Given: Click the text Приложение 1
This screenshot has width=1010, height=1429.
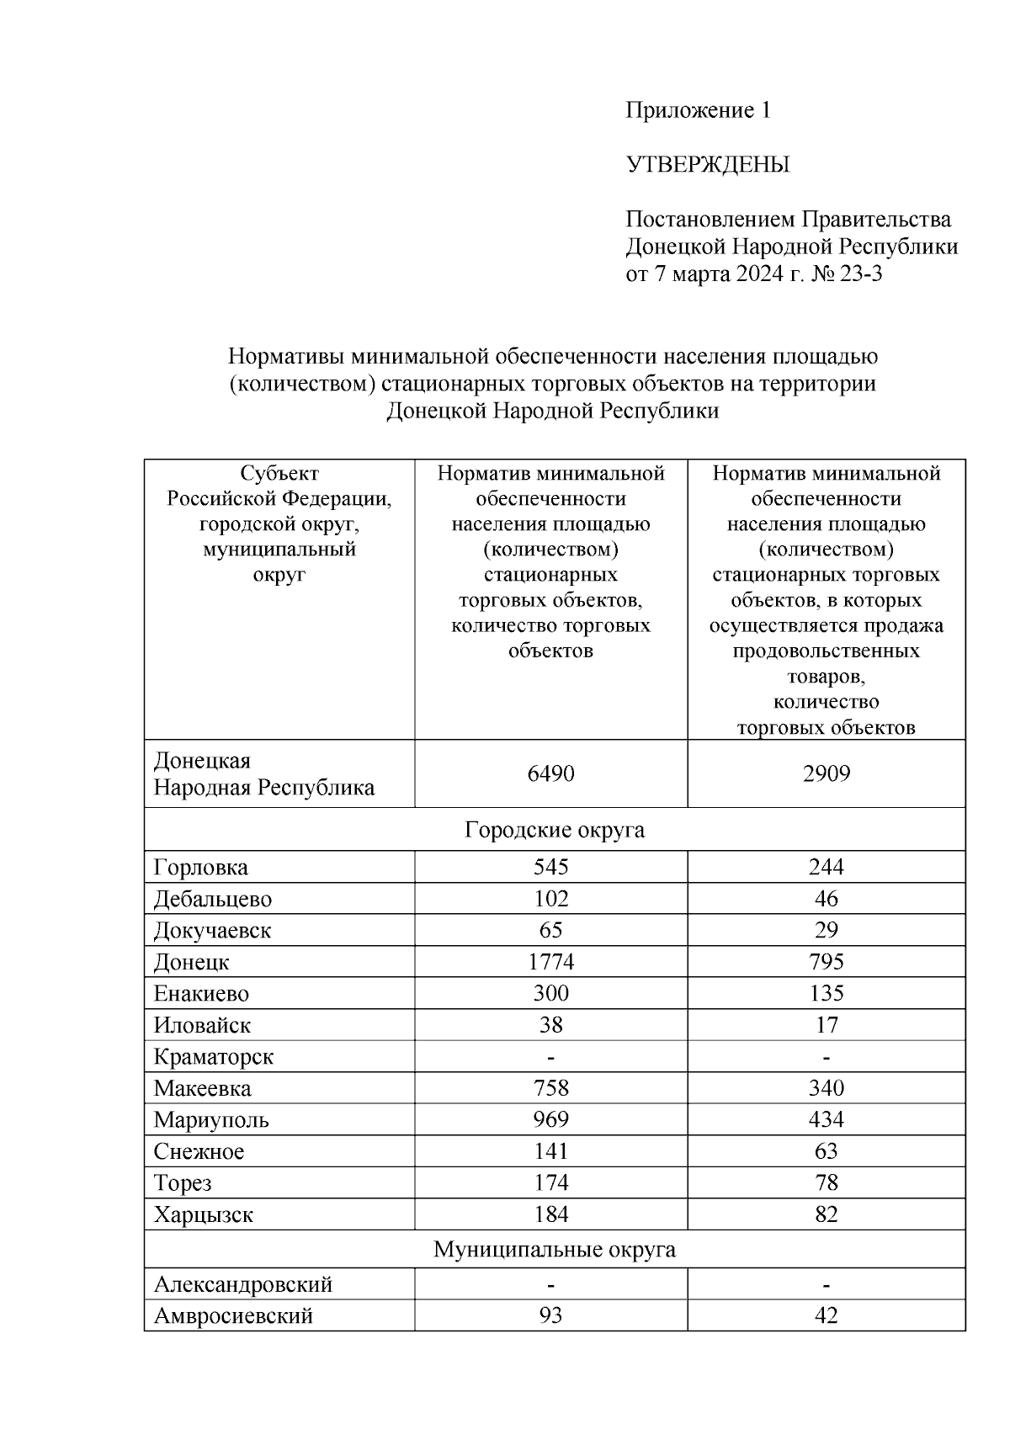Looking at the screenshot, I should pyautogui.click(x=697, y=110).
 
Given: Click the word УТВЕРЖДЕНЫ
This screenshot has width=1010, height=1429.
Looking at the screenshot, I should pyautogui.click(x=707, y=165).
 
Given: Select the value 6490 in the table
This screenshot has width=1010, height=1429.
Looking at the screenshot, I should pyautogui.click(x=550, y=773).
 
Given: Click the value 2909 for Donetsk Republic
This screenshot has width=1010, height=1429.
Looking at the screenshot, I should pyautogui.click(x=826, y=773).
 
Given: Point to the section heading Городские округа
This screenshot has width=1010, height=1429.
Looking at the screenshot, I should pyautogui.click(x=555, y=830).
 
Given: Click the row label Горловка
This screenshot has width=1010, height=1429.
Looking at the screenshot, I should pyautogui.click(x=200, y=868).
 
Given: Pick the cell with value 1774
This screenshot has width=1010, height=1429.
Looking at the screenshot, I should pyautogui.click(x=550, y=962).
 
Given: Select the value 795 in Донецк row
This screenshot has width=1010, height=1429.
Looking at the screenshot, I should pyautogui.click(x=826, y=962).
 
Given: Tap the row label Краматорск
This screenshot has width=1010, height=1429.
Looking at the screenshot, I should pyautogui.click(x=213, y=1057).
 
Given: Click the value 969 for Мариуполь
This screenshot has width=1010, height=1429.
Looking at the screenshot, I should pyautogui.click(x=550, y=1120).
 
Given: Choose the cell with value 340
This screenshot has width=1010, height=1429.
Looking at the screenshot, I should pyautogui.click(x=826, y=1088).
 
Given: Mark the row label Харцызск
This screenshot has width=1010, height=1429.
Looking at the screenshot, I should pyautogui.click(x=203, y=1215).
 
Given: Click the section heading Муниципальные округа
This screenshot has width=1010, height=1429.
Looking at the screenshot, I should pyautogui.click(x=555, y=1250).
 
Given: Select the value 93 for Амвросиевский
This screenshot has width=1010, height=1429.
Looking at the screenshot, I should pyautogui.click(x=550, y=1315).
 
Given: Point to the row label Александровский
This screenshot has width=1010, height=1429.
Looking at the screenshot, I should pyautogui.click(x=243, y=1285).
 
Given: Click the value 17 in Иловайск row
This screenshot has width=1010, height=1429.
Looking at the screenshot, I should pyautogui.click(x=826, y=1025).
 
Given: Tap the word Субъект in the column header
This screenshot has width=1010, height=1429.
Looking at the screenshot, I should pyautogui.click(x=279, y=473).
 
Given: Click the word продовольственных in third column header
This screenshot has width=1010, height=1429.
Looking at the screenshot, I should pyautogui.click(x=826, y=651).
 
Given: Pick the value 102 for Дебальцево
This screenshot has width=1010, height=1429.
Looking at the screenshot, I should pyautogui.click(x=550, y=899).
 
